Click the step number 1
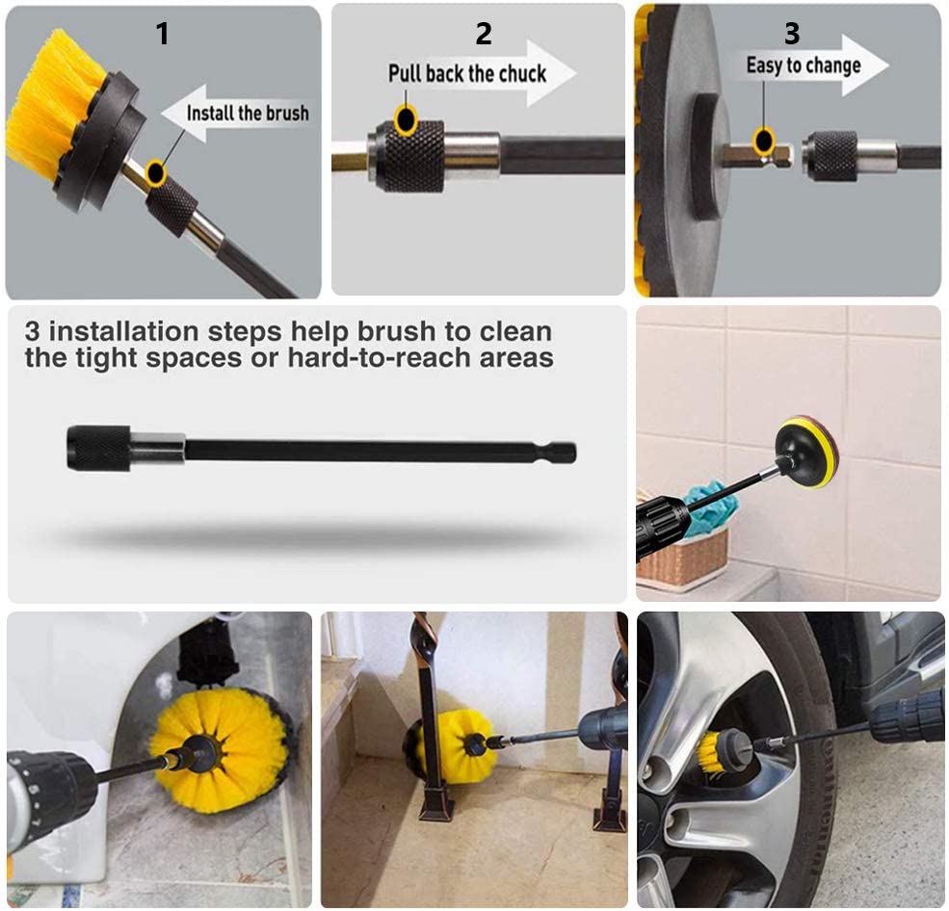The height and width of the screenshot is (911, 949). coord(162,34)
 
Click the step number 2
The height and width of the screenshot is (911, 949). coord(483,34)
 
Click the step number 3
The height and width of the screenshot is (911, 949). coord(792,34)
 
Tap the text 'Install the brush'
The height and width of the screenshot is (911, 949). coord(248,113)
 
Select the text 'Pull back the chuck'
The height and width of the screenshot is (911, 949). coord(467,74)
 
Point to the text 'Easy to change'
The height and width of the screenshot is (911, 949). coord(804,65)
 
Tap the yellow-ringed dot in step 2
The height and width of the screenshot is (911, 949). coord(406,119)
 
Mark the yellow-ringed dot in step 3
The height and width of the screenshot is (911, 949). coord(764,141)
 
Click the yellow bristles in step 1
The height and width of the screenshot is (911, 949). coord(47,109)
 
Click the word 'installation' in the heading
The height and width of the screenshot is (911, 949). coord(123,331)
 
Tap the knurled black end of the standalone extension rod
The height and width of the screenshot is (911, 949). coord(98,448)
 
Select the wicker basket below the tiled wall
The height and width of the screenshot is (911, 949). coord(683,557)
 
